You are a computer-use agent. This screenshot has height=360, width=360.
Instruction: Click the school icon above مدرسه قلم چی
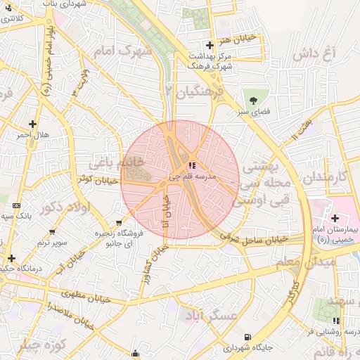click(193, 166)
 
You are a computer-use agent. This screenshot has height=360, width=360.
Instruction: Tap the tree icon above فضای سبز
click(251, 97)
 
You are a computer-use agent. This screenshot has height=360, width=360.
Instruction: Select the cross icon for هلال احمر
click(32, 124)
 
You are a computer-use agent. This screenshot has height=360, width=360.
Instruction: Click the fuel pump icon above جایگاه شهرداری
click(247, 337)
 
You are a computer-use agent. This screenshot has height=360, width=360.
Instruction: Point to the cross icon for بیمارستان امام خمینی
click(335, 219)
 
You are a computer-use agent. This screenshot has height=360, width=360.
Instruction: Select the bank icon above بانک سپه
click(17, 205)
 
